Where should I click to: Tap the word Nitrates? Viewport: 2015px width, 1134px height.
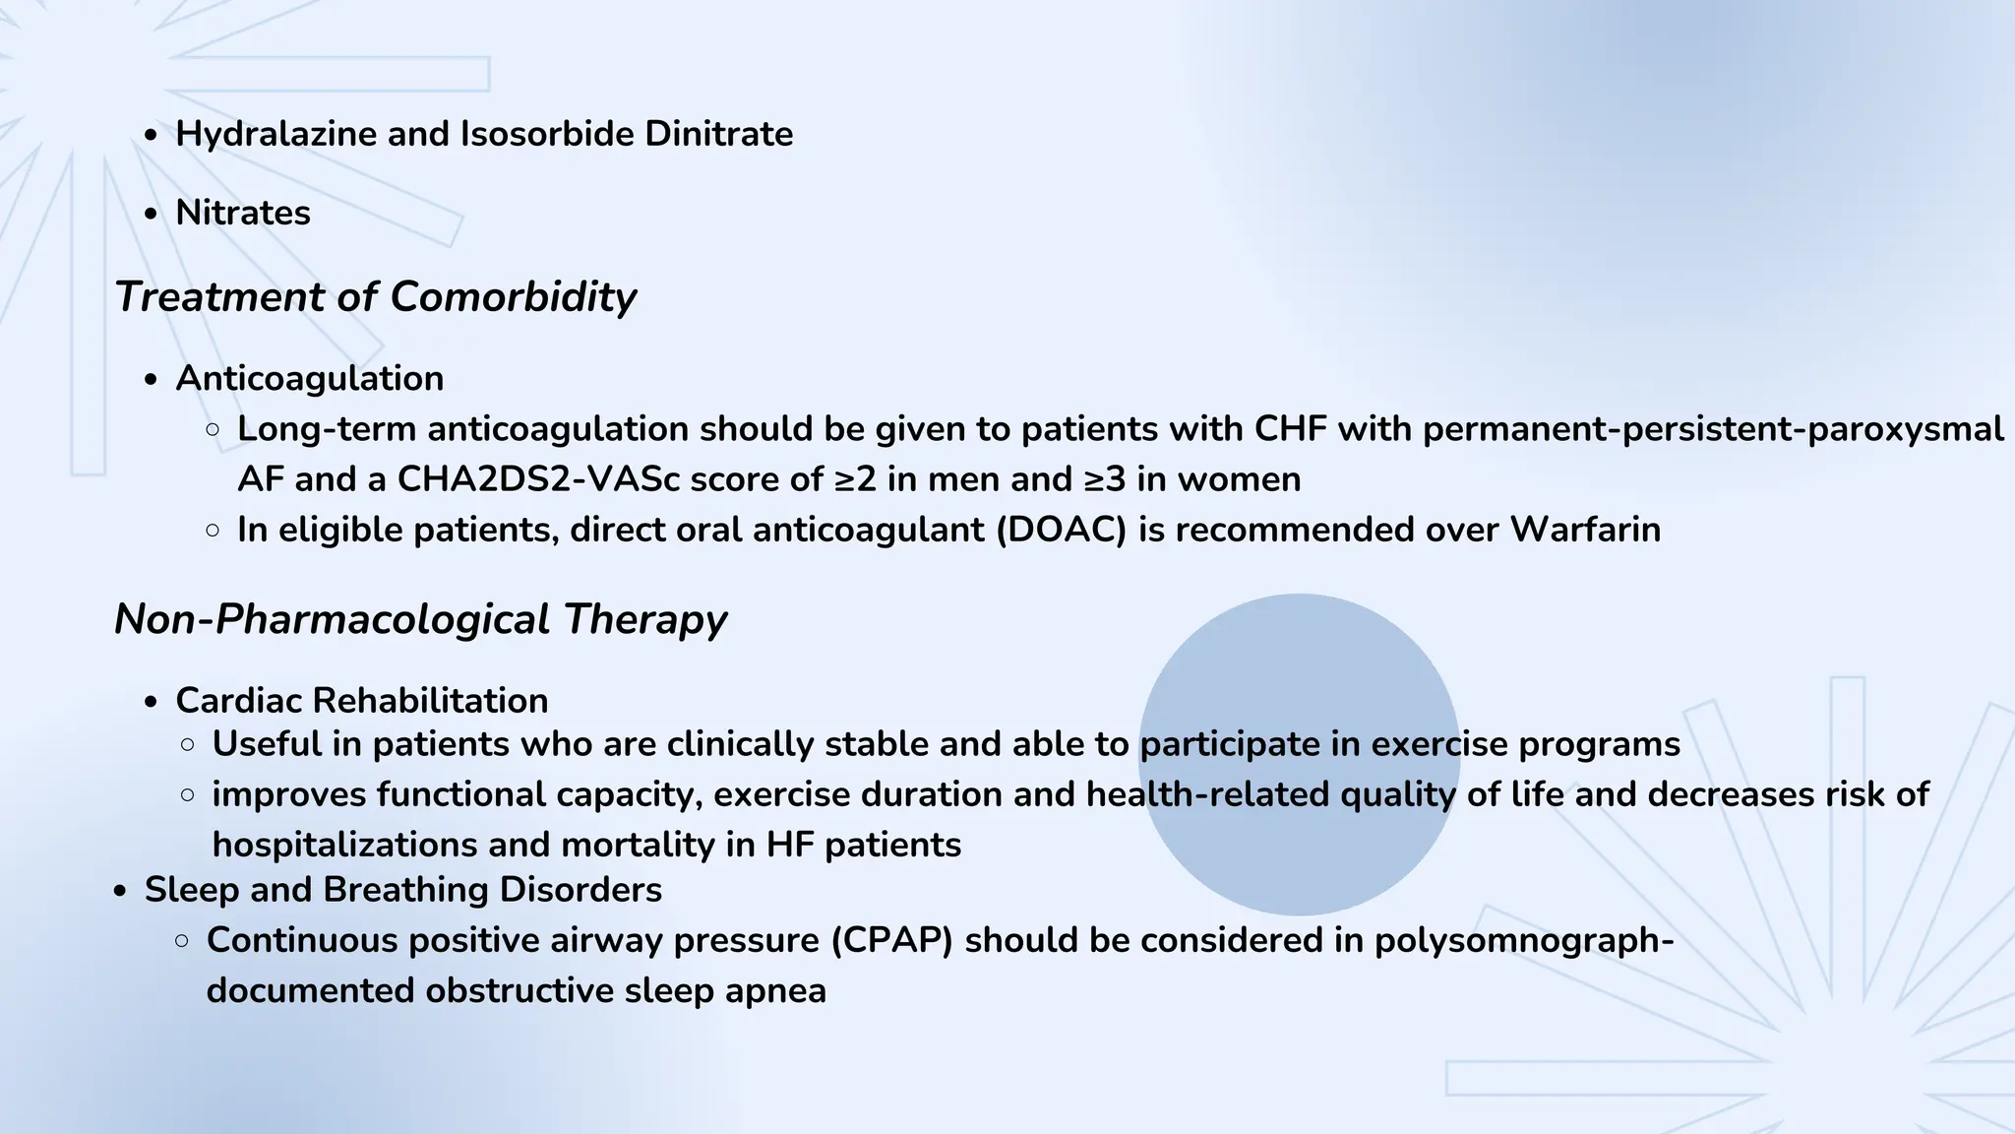click(243, 213)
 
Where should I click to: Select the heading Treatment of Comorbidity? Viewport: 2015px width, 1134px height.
click(375, 296)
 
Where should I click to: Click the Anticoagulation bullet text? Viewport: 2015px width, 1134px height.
click(309, 378)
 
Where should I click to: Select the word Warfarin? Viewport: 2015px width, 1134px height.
click(1585, 530)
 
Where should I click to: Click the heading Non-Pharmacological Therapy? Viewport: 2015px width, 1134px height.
click(420, 619)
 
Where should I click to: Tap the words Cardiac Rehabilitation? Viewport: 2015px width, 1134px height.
click(361, 701)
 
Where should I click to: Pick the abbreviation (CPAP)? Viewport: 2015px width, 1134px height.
click(891, 940)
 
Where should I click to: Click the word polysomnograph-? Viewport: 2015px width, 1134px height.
click(1524, 940)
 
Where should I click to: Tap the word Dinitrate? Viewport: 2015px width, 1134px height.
click(718, 134)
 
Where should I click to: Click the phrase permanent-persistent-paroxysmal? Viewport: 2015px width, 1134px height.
click(1712, 429)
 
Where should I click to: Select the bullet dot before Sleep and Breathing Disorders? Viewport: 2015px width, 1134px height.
click(120, 891)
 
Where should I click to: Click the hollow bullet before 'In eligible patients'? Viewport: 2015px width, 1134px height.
click(214, 531)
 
